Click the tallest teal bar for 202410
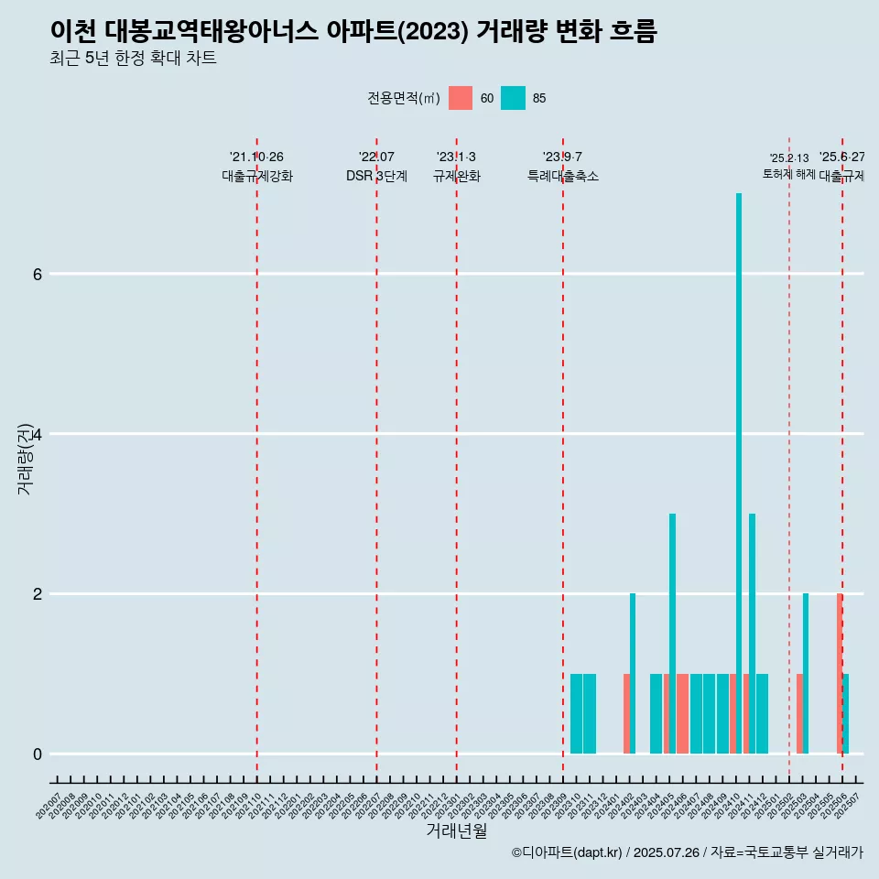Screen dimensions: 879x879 pyautogui.click(x=739, y=472)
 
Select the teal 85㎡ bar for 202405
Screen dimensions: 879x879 pyautogui.click(x=672, y=633)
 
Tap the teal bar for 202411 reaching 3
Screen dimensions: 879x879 pyautogui.click(x=752, y=633)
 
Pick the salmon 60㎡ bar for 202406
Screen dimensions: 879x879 pyautogui.click(x=682, y=714)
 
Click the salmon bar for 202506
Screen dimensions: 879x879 pyautogui.click(x=839, y=673)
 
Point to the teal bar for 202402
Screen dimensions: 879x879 pyautogui.click(x=633, y=673)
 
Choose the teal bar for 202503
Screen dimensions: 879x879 pyautogui.click(x=806, y=673)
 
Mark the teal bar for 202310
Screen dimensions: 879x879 pyautogui.click(x=576, y=714)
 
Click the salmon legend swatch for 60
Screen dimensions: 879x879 pyautogui.click(x=461, y=98)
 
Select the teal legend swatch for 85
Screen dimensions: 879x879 pyautogui.click(x=514, y=98)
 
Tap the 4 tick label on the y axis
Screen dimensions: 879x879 pyautogui.click(x=37, y=434)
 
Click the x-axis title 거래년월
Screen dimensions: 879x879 pyautogui.click(x=456, y=830)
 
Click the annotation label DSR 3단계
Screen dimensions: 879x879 pyautogui.click(x=376, y=176)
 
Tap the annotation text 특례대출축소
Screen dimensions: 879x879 pyautogui.click(x=562, y=176)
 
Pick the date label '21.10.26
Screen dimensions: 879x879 pyautogui.click(x=256, y=157)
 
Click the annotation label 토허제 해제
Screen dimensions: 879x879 pyautogui.click(x=788, y=174)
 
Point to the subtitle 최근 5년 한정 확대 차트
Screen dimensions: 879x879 pyautogui.click(x=134, y=59)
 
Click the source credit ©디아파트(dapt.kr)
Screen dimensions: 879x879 pyautogui.click(x=565, y=852)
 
